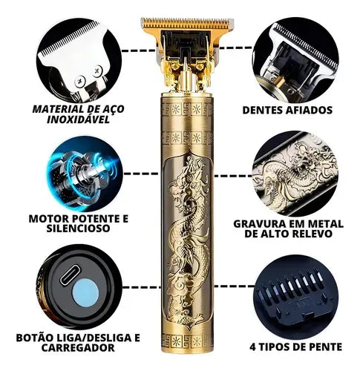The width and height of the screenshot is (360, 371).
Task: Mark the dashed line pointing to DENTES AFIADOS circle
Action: pyautogui.click(x=234, y=52)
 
